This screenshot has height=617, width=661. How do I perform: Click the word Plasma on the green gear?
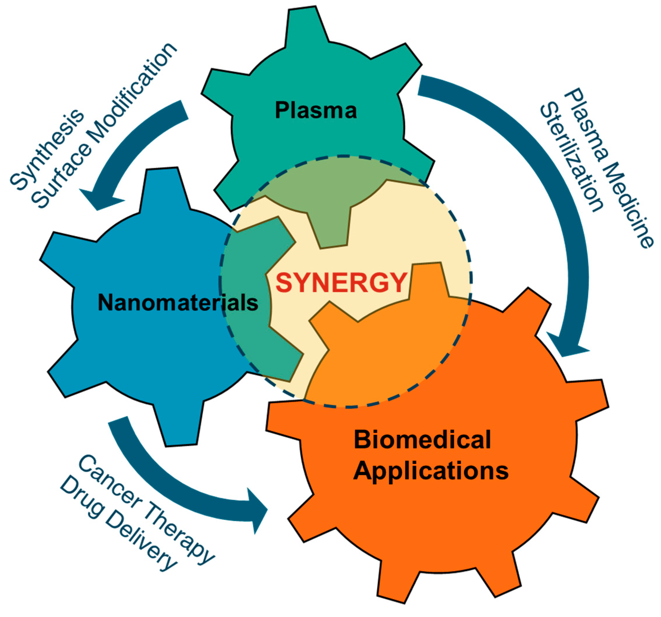315,110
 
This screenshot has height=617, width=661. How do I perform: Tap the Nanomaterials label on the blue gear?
178,303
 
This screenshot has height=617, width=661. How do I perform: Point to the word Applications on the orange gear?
431,471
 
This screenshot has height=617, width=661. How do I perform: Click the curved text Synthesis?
47,150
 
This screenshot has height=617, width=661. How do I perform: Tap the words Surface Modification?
103,126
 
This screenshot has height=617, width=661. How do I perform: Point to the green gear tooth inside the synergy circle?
332,226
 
